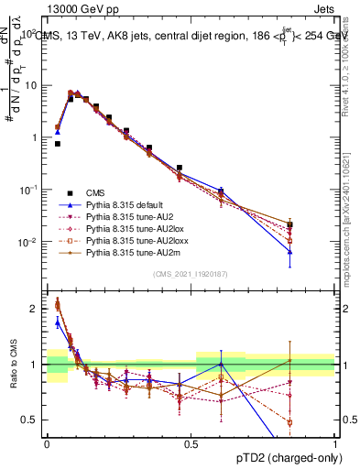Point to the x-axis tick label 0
click(x=47, y=443)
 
